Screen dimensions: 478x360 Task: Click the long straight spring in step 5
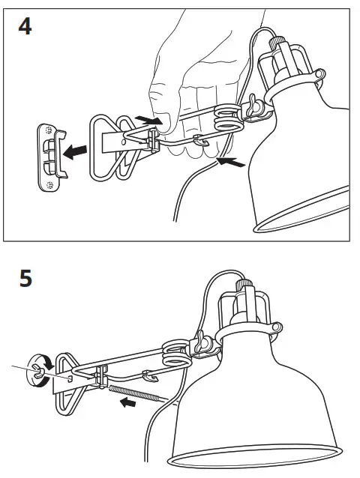pyautogui.click(x=135, y=393)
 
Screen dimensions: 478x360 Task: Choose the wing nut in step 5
pyautogui.click(x=202, y=344)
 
